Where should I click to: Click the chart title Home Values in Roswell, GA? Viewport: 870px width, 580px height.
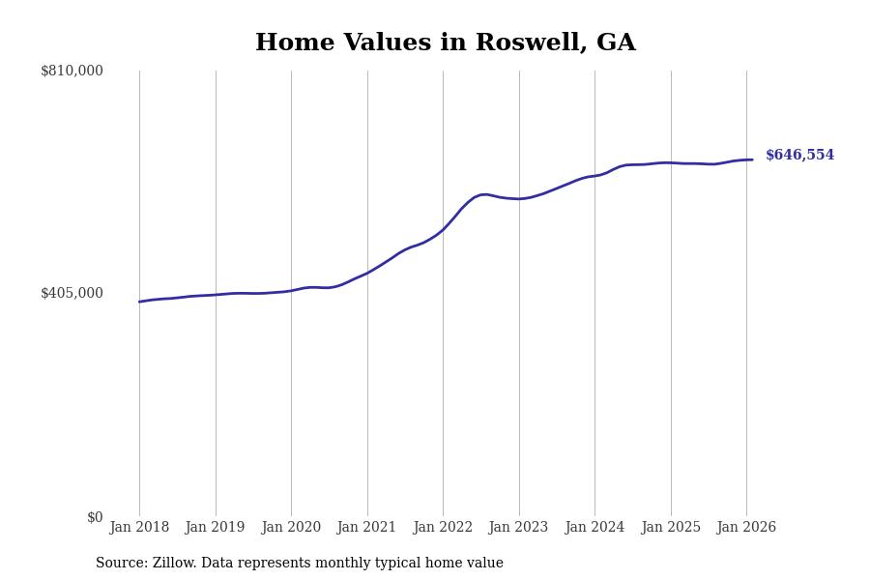pyautogui.click(x=445, y=43)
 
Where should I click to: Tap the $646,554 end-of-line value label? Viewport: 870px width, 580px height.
pyautogui.click(x=799, y=156)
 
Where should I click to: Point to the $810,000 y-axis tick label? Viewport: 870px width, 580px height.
pyautogui.click(x=72, y=71)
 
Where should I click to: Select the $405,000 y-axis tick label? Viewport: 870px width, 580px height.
pyautogui.click(x=72, y=293)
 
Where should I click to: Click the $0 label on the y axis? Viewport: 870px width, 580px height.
pyautogui.click(x=95, y=517)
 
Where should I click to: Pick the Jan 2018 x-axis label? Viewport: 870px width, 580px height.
pyautogui.click(x=139, y=528)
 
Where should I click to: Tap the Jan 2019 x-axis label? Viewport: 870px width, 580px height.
pyautogui.click(x=216, y=528)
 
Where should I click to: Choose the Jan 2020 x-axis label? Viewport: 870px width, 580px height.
pyautogui.click(x=291, y=528)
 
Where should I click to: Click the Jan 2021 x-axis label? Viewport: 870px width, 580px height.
pyautogui.click(x=367, y=528)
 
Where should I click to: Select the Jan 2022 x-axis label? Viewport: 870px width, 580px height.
pyautogui.click(x=443, y=528)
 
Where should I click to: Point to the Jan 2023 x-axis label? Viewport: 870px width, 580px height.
pyautogui.click(x=519, y=528)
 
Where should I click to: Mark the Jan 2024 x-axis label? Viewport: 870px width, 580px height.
pyautogui.click(x=594, y=528)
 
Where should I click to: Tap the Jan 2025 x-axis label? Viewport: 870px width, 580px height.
pyautogui.click(x=671, y=528)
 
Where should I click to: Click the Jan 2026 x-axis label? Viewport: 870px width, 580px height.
pyautogui.click(x=746, y=528)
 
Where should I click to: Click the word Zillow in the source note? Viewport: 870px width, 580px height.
pyautogui.click(x=174, y=564)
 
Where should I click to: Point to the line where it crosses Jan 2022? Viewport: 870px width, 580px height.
pyautogui.click(x=443, y=229)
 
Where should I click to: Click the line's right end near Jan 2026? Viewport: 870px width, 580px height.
pyautogui.click(x=752, y=159)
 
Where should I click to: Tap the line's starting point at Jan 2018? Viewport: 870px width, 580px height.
pyautogui.click(x=139, y=302)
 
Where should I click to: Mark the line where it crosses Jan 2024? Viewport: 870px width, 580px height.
pyautogui.click(x=594, y=176)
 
